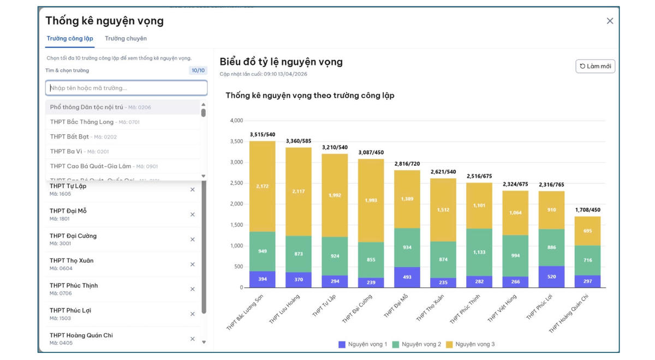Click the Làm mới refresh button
coord(596,66)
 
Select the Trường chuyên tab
coord(126,39)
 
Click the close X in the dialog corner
coord(610,21)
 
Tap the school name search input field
coord(126,88)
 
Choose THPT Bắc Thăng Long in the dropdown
coord(82,122)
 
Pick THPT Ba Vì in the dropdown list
coord(67,152)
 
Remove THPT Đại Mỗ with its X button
coord(192,214)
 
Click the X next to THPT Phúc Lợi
coord(192,314)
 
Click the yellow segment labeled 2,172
coord(262,187)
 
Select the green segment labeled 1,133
coord(479,253)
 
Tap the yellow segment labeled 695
coord(587,231)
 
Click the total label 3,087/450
coord(371,152)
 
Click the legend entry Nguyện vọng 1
coord(363,344)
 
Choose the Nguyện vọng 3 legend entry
coord(470,344)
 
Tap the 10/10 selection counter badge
coord(198,70)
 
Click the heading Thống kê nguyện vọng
coord(104,21)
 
